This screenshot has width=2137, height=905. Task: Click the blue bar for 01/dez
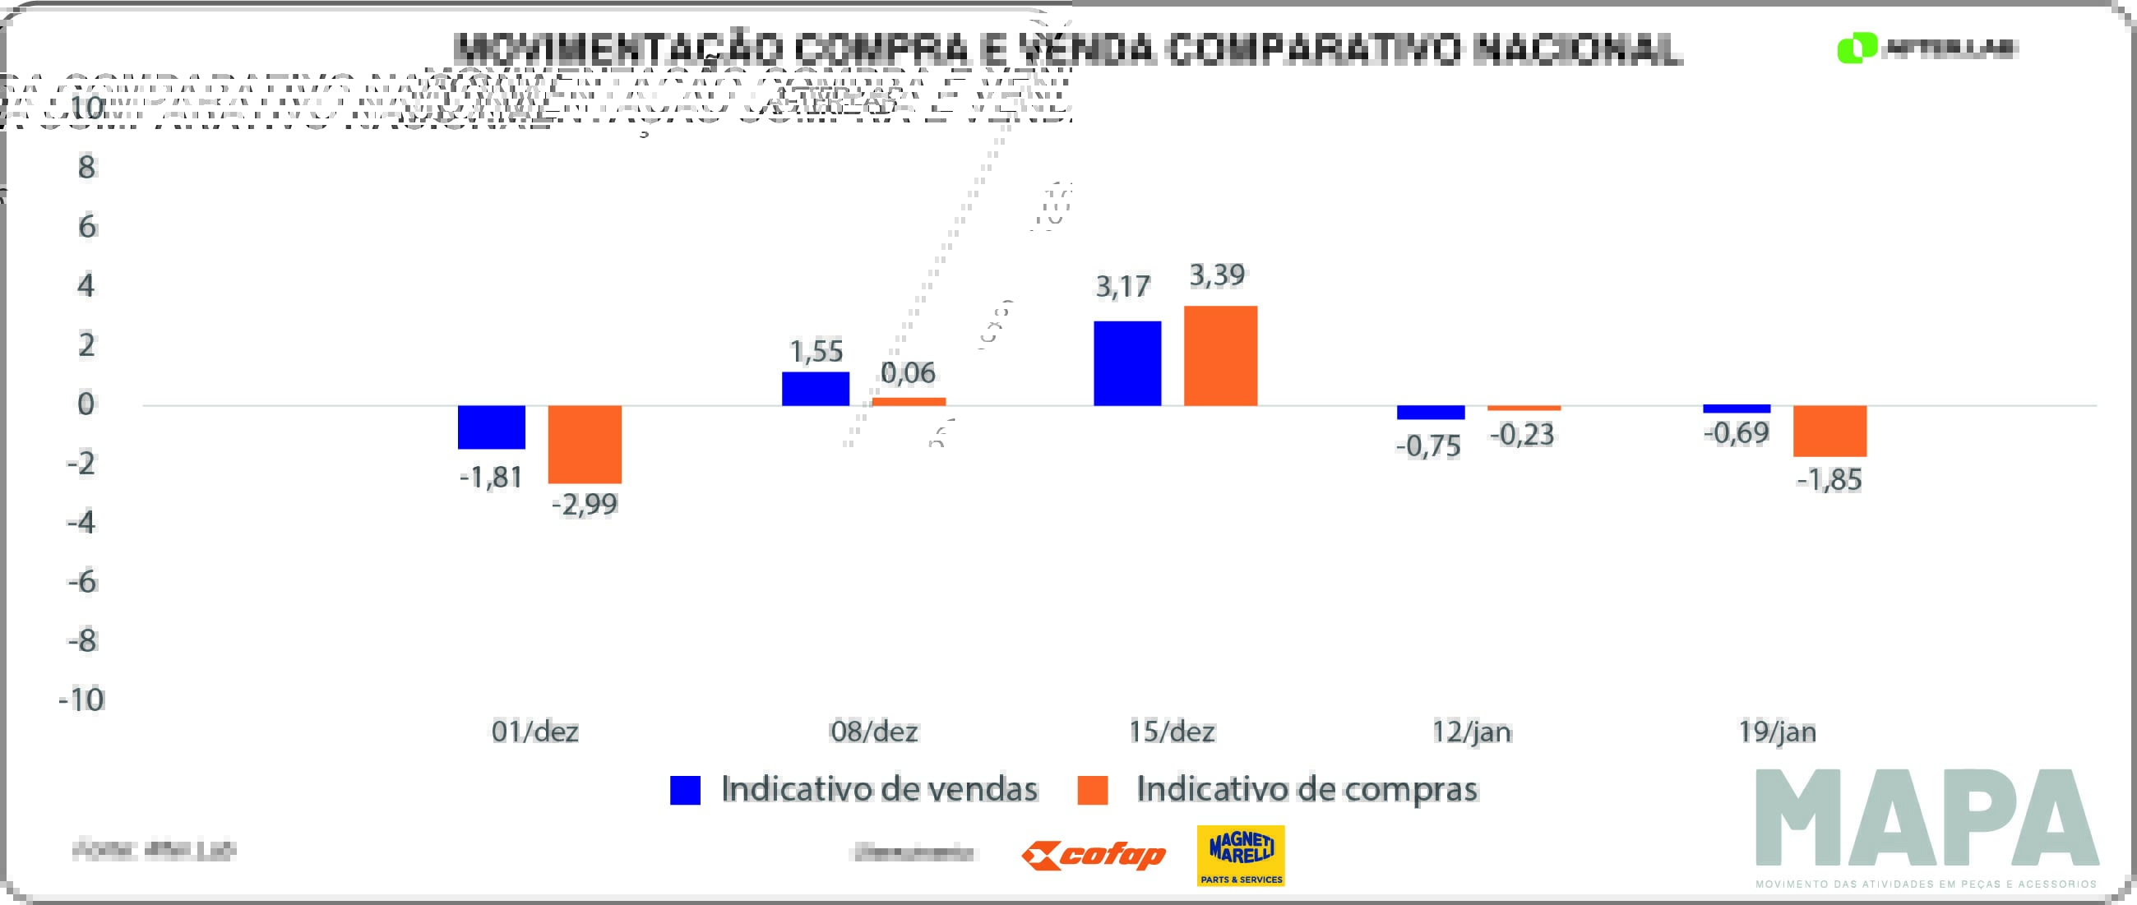click(x=491, y=427)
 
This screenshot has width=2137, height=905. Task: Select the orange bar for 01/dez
click(x=585, y=445)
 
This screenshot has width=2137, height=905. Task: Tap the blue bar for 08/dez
click(x=816, y=389)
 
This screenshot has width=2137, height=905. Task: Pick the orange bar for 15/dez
click(x=1220, y=356)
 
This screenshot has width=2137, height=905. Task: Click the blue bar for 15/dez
click(x=1127, y=363)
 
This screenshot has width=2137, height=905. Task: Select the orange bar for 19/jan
click(x=1830, y=432)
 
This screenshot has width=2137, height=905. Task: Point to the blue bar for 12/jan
click(x=1431, y=413)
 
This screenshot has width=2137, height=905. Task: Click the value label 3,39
click(x=1217, y=275)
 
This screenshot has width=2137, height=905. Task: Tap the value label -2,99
click(x=585, y=505)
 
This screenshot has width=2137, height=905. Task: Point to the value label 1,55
click(x=816, y=352)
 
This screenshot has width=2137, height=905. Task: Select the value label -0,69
click(x=1737, y=432)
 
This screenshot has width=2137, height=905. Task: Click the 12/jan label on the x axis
click(x=1472, y=732)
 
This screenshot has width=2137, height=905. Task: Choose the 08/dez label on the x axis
click(x=873, y=732)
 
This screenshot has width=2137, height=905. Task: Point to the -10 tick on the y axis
click(x=81, y=700)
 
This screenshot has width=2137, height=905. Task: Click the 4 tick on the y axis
click(x=86, y=285)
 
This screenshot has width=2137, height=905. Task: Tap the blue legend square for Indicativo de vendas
click(x=685, y=790)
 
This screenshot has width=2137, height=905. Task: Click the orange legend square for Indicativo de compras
click(x=1093, y=790)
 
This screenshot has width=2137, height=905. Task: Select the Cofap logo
click(x=1094, y=855)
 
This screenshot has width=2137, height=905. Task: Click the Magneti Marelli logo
click(x=1240, y=855)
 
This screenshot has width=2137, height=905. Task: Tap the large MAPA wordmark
click(x=1927, y=818)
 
